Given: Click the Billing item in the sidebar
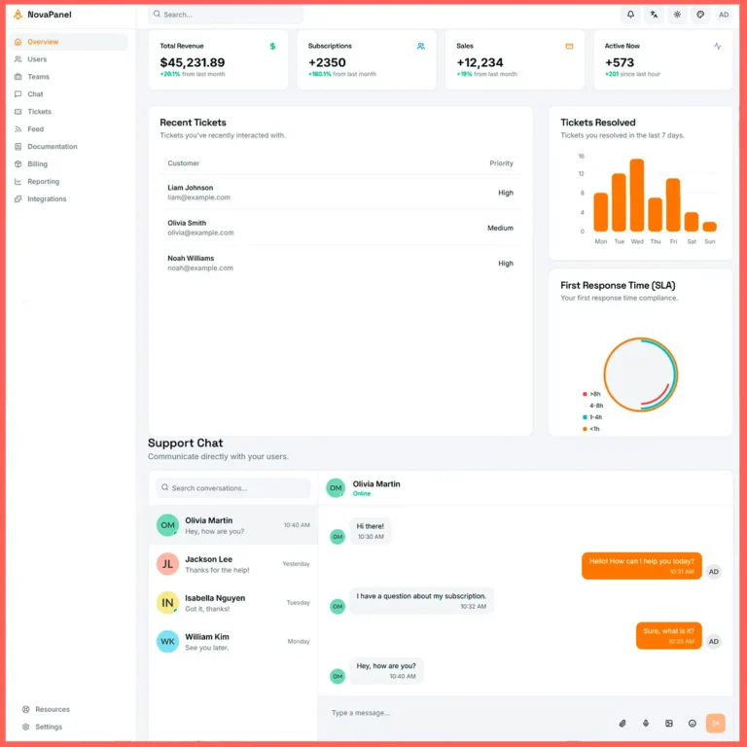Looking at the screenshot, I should [37, 164].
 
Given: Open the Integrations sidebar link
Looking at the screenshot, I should [47, 199].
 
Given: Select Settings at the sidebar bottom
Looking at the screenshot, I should [49, 727].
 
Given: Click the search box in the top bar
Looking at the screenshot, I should [226, 15].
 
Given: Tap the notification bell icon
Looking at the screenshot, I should [630, 15].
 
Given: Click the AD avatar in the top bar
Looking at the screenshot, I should [724, 15].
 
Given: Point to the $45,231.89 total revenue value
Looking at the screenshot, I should [193, 62].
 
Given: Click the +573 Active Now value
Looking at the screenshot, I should [620, 62].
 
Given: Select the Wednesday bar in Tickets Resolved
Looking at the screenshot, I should [637, 195].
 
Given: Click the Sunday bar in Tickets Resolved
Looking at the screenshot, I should [710, 227].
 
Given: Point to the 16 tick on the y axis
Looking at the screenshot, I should [582, 156].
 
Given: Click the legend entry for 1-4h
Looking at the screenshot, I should [594, 417].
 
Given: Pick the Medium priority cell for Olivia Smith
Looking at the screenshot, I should [500, 229].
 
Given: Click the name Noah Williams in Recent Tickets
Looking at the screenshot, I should [191, 259].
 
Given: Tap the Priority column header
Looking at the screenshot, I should [501, 163].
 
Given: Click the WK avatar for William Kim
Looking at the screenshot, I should [167, 642].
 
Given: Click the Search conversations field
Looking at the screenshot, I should [233, 488].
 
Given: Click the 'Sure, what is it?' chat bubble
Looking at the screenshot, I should [668, 635].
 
